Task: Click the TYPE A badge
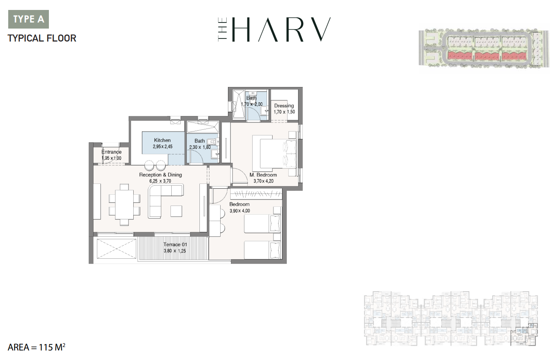29,19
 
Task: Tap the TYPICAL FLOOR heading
42,39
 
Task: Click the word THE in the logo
222,29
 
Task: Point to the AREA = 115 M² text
36,347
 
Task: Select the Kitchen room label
162,140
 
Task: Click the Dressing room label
284,106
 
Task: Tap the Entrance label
112,152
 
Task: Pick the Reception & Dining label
160,175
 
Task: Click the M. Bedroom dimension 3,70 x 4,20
263,181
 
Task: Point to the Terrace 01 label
175,244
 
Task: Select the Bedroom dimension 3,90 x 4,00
240,211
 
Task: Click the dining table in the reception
125,205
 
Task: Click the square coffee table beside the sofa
176,211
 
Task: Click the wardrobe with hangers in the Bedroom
256,194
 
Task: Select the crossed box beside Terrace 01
116,250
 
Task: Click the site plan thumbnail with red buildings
484,48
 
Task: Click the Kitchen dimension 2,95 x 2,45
163,147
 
